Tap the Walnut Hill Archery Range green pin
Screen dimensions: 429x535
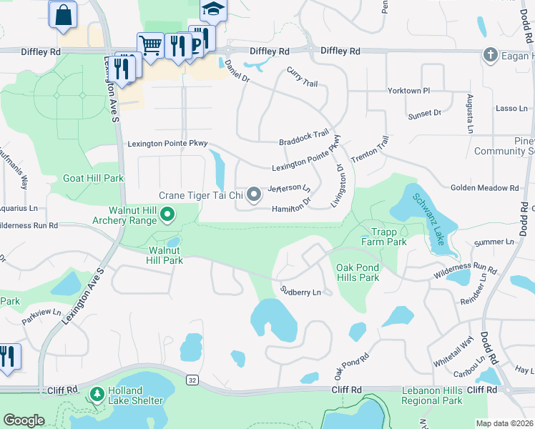[x=167, y=214]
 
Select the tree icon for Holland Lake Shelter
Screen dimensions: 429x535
[x=97, y=394]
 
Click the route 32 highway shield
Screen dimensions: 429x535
[x=192, y=383]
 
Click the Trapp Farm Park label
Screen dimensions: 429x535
[x=388, y=237]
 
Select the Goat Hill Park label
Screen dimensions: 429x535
[x=93, y=178]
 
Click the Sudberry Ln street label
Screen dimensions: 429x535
[x=305, y=292]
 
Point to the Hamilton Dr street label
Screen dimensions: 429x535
[x=291, y=208]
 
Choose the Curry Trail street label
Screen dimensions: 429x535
[x=301, y=77]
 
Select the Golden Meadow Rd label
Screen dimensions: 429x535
[x=484, y=188]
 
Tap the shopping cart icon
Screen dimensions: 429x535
[x=149, y=45]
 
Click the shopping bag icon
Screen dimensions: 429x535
[x=62, y=14]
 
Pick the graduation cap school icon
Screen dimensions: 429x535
[x=212, y=9]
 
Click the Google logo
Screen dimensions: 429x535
[x=24, y=420]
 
